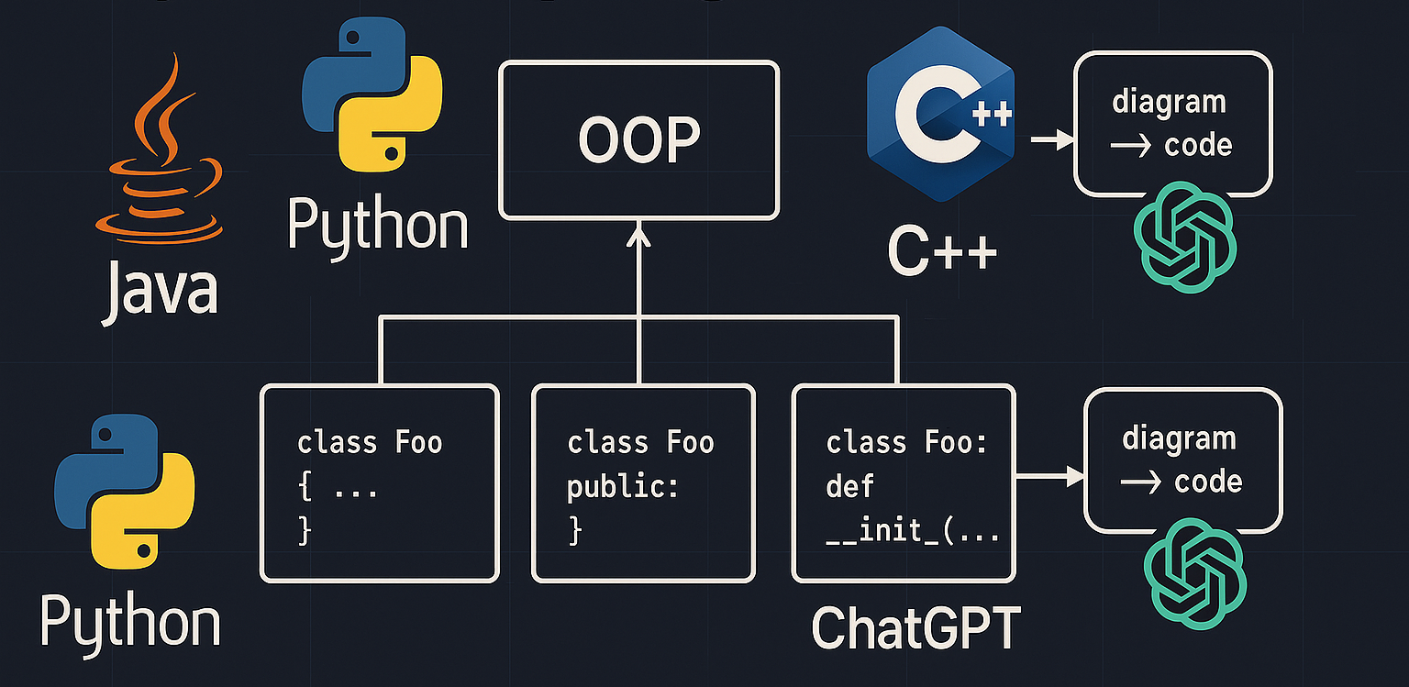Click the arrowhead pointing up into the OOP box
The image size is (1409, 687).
pos(638,238)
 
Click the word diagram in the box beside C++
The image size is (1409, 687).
pos(1169,101)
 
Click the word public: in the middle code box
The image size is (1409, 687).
pos(623,486)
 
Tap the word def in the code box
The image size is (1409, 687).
pos(849,486)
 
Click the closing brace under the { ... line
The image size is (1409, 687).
pos(305,531)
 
